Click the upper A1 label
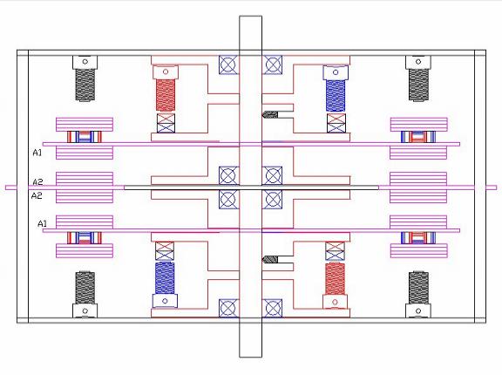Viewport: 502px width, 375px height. coord(37,153)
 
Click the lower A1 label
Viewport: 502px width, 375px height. coord(42,223)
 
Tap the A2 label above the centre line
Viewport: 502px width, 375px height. coord(37,182)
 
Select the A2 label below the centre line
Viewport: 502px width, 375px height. coord(37,195)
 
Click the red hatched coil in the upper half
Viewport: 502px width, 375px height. coord(166,95)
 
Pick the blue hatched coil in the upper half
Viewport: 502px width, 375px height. coord(336,95)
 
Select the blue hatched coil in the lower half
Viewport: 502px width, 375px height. coord(165,278)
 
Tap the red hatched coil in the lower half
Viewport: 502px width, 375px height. coord(335,278)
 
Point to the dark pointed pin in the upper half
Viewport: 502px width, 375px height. coord(270,114)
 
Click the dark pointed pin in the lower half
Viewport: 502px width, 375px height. coord(270,259)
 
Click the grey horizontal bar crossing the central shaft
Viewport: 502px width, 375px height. coord(251,187)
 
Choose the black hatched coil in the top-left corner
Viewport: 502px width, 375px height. coord(85,85)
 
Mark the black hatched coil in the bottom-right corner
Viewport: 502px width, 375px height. coord(418,288)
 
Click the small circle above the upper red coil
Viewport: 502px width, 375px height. coord(166,72)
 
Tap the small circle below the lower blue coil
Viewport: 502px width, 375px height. coord(165,301)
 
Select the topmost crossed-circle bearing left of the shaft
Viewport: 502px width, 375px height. coord(228,65)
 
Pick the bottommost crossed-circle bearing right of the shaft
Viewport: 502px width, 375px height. coord(273,308)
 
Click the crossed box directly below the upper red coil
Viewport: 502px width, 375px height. coord(166,123)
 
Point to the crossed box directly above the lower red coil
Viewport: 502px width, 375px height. coord(335,251)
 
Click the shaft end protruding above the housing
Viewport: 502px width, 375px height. coord(251,32)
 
